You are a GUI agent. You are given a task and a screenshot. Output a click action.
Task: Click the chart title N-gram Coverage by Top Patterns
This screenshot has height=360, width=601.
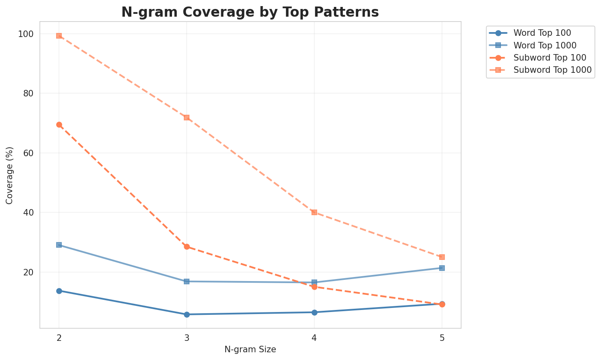click(x=250, y=12)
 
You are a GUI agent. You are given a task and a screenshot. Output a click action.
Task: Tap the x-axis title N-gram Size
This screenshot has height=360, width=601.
click(x=250, y=349)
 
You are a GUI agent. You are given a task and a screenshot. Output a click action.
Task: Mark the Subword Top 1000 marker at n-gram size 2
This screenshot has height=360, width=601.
click(x=59, y=36)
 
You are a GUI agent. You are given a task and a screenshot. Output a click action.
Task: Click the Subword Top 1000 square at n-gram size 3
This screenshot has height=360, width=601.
click(x=187, y=118)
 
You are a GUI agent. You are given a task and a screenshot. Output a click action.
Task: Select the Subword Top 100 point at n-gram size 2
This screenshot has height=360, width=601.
click(x=59, y=125)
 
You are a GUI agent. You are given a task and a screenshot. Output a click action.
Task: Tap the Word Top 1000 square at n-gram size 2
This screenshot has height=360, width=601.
click(x=59, y=245)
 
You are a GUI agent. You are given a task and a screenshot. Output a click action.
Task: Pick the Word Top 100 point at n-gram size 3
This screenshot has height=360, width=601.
click(x=187, y=314)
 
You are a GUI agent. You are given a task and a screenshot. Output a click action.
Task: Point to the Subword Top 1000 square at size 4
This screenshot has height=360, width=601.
click(x=314, y=212)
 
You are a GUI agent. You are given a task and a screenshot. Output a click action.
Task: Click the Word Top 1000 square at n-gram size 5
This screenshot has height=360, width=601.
click(x=442, y=268)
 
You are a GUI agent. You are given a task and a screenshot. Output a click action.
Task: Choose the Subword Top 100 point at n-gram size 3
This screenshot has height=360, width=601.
click(x=187, y=247)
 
